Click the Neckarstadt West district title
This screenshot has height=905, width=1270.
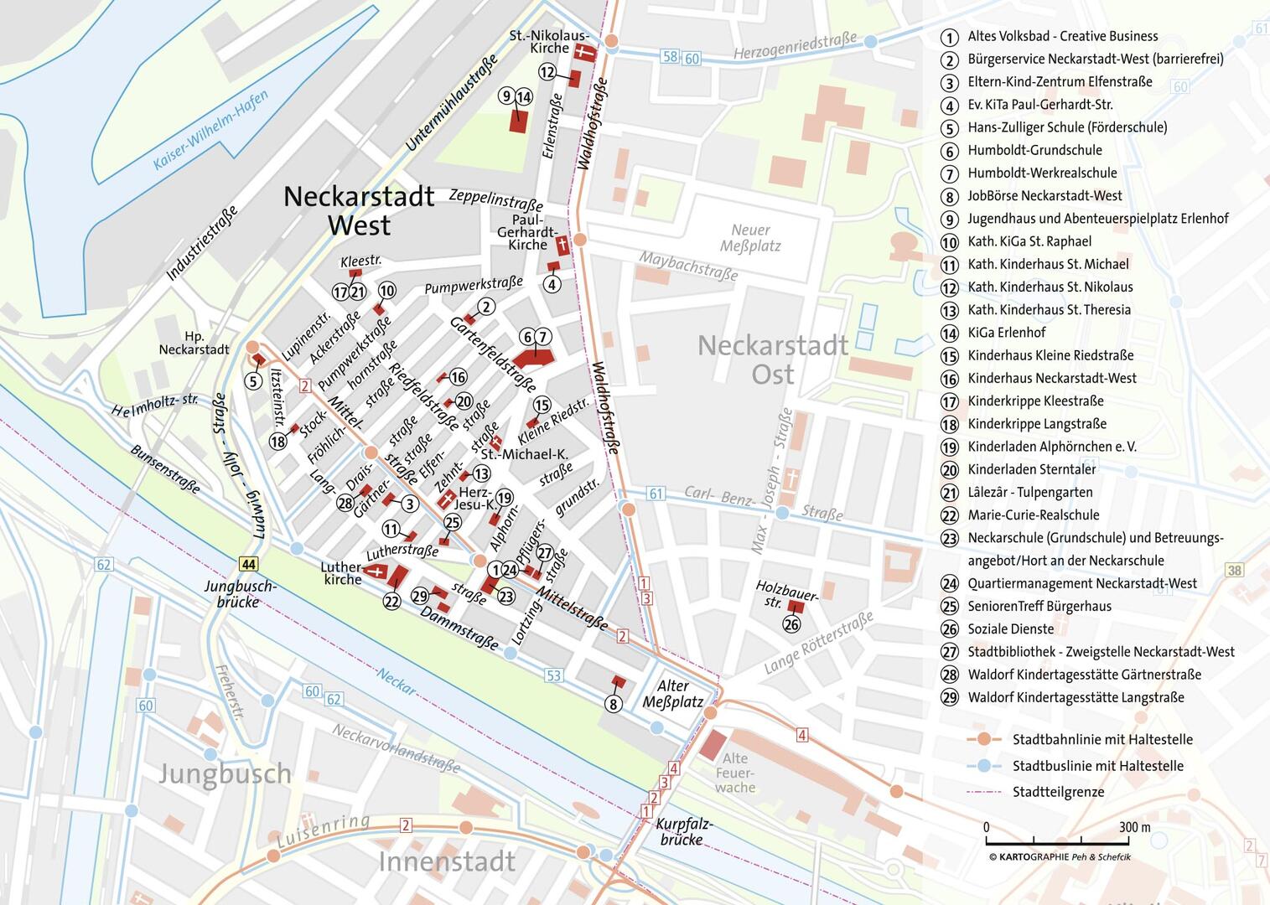359,210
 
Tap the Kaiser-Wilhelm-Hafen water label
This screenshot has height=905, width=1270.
211,130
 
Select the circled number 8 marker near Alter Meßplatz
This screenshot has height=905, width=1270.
613,704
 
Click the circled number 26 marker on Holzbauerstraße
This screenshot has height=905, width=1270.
791,624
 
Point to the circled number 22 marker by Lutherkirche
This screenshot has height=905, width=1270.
391,601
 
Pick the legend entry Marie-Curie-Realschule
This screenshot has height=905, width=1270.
1033,515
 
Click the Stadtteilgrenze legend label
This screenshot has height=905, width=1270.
1058,792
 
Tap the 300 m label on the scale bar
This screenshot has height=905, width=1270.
1134,827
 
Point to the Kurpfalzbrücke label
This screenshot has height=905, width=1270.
684,830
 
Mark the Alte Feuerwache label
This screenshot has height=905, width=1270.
735,773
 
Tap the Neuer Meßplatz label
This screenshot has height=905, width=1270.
750,237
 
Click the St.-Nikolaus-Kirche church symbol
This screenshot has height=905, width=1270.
583,52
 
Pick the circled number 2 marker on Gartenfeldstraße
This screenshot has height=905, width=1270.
486,307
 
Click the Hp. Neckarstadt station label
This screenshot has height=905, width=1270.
194,343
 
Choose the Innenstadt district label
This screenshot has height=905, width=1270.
446,861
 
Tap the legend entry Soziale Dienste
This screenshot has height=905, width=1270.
1010,629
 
